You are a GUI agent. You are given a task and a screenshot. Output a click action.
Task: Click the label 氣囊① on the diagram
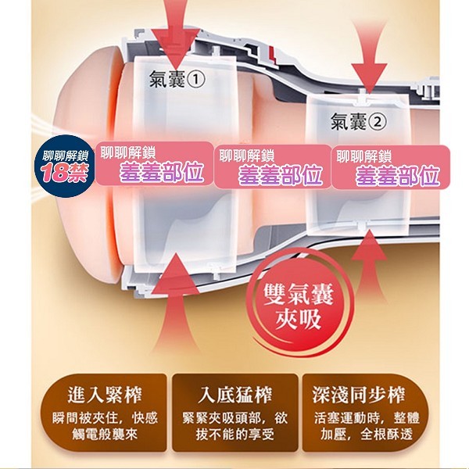point(177,79)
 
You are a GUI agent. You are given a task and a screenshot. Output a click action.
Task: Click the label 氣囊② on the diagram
point(358,122)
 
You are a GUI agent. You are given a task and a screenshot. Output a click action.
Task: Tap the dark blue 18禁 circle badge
point(65,166)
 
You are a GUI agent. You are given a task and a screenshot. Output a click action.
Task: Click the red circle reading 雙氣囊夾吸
point(299,306)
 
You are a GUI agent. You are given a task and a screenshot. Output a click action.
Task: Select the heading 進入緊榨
point(105,395)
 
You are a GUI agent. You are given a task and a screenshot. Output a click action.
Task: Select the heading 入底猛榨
point(234,395)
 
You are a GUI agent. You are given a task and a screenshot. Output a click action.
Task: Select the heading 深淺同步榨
point(359,395)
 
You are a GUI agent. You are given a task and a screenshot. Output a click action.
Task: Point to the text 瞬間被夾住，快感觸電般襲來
point(105,426)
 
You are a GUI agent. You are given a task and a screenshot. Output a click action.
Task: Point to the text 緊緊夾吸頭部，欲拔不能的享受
point(234,426)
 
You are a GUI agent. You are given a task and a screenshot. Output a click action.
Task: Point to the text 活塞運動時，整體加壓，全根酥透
point(367,426)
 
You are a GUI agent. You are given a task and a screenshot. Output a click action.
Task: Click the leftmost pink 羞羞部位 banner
point(154,163)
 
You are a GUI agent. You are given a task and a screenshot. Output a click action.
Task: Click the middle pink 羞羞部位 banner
point(273,166)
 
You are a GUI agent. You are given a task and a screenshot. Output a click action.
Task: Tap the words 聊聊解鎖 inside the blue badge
point(66,156)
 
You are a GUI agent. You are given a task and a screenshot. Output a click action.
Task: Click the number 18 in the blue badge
point(55,174)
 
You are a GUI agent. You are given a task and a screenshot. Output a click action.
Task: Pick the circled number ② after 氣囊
point(378,122)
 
